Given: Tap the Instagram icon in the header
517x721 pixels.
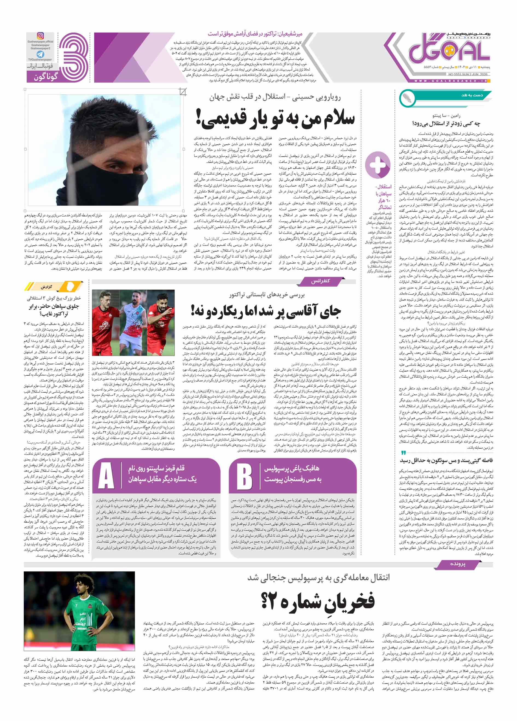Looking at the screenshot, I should tap(40, 36).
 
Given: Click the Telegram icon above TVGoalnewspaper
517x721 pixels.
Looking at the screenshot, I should tap(40, 54).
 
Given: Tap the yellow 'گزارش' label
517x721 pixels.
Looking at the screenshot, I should tap(47, 287).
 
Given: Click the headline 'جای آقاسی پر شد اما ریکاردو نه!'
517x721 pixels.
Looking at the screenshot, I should tap(266, 311).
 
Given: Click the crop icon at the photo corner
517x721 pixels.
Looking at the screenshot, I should tap(183, 92).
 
